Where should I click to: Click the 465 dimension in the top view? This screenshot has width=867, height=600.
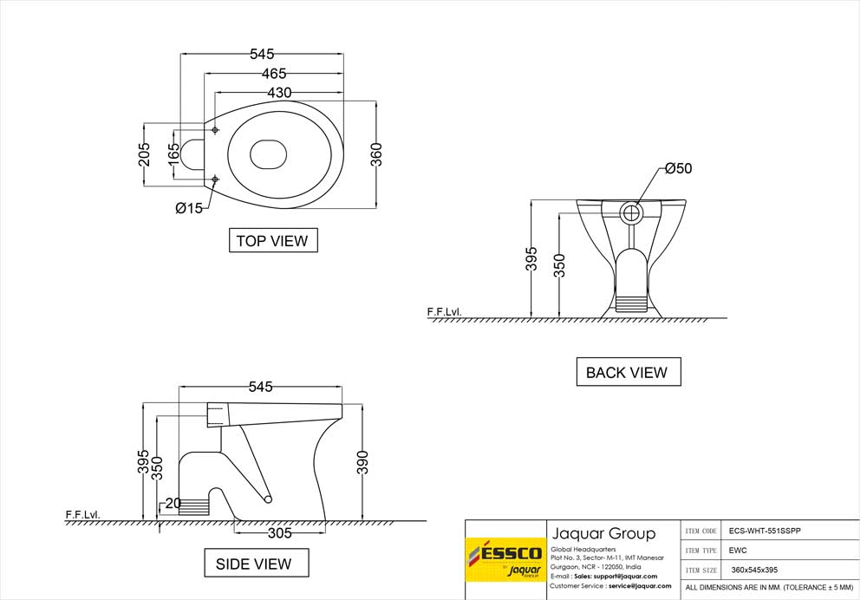pos(269,75)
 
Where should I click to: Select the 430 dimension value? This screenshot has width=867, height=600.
pos(278,93)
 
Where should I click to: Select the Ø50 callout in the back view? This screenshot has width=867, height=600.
pos(678,169)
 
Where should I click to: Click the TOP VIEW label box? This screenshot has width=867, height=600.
pos(273,240)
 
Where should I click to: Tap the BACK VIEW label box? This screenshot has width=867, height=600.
pos(628,372)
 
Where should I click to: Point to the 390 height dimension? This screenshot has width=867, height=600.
pos(362,462)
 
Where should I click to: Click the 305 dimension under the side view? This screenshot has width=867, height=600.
pos(279,533)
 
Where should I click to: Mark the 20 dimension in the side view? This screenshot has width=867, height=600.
pos(173,504)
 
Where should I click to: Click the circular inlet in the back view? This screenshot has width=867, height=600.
pos(633,212)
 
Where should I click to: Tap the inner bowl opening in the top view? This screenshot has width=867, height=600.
pos(268,154)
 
